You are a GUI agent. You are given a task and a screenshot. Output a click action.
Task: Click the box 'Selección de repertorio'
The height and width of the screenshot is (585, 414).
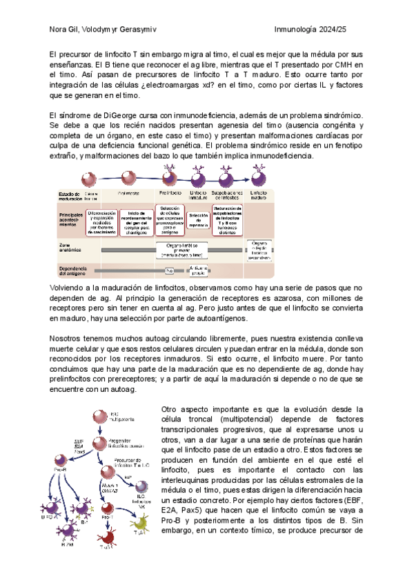coord(199,220)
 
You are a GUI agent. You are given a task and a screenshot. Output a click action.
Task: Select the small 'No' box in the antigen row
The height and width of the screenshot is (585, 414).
coord(168,270)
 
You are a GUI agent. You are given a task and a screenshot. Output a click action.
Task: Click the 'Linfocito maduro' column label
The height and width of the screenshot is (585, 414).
coord(259,195)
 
